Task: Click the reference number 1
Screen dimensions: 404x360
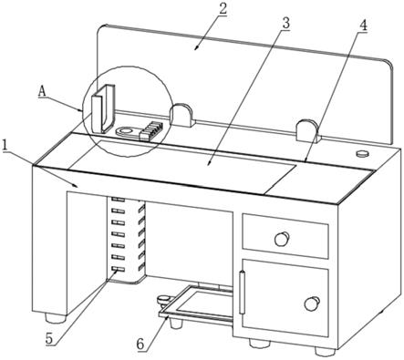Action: [x=4, y=145]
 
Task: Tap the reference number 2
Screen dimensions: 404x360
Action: [x=223, y=8]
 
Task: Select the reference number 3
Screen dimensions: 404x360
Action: [x=285, y=24]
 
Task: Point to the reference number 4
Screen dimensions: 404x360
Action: [x=363, y=26]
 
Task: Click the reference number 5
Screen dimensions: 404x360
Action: [x=50, y=339]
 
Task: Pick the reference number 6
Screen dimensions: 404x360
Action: [x=140, y=345]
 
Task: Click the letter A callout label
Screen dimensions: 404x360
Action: [x=42, y=91]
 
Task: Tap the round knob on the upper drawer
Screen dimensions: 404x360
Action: [x=282, y=239]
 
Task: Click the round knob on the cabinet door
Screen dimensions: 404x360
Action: [x=312, y=303]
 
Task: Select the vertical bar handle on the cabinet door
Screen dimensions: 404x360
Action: [x=242, y=293]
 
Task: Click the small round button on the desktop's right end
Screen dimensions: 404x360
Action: [x=362, y=153]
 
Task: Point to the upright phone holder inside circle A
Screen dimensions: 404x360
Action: [x=103, y=109]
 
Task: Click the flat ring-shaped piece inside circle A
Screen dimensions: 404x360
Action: [x=126, y=131]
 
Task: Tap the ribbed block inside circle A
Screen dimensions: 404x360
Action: [x=150, y=130]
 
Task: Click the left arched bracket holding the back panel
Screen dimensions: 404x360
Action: [x=181, y=115]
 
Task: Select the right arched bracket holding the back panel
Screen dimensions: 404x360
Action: [x=307, y=130]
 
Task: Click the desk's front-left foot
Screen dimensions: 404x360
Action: [x=56, y=318]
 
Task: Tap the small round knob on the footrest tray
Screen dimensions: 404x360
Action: [x=163, y=299]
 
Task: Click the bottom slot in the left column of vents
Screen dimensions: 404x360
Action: [x=119, y=269]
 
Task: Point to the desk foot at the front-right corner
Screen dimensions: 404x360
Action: [x=325, y=351]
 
